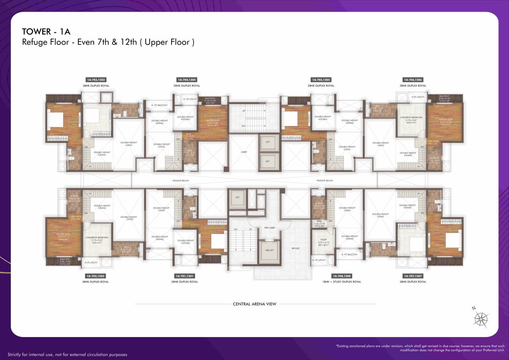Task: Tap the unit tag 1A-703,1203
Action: click(x=96, y=80)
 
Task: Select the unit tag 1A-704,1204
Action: click(x=187, y=80)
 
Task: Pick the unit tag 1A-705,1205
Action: click(x=321, y=80)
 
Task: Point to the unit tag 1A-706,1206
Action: click(x=412, y=80)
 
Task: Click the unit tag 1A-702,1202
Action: click(x=95, y=276)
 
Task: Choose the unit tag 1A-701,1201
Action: click(x=184, y=276)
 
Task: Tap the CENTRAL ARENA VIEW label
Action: click(x=254, y=304)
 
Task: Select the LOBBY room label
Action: click(x=244, y=152)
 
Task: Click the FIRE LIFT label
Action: click(x=269, y=251)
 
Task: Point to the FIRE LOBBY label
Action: click(x=269, y=228)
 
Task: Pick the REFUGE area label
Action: click(x=295, y=248)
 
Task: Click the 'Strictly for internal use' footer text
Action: click(x=67, y=354)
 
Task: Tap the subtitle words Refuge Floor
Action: click(x=44, y=42)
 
